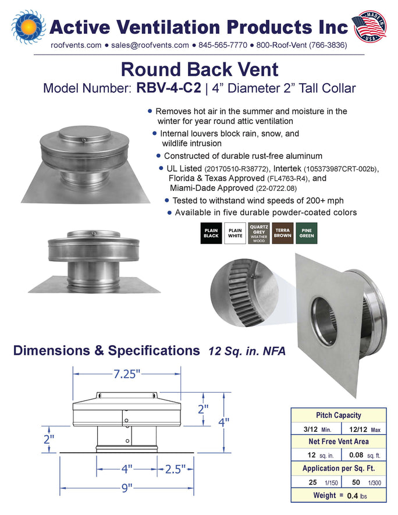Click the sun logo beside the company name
coord(29,27)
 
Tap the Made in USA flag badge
coord(369,26)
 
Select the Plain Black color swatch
coord(211,233)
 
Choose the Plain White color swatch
coord(235,233)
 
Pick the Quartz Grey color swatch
coord(259,233)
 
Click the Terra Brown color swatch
coord(283,233)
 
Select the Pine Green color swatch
coord(307,233)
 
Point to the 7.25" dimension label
coord(127,374)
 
